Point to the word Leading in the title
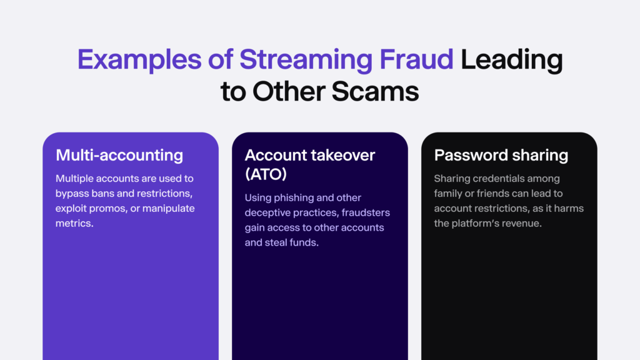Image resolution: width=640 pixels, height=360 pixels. (512, 60)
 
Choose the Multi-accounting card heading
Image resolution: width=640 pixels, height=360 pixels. (119, 155)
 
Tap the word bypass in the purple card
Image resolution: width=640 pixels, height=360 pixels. (71, 193)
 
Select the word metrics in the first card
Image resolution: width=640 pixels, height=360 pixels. (74, 223)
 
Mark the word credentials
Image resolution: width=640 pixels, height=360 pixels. (498, 179)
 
